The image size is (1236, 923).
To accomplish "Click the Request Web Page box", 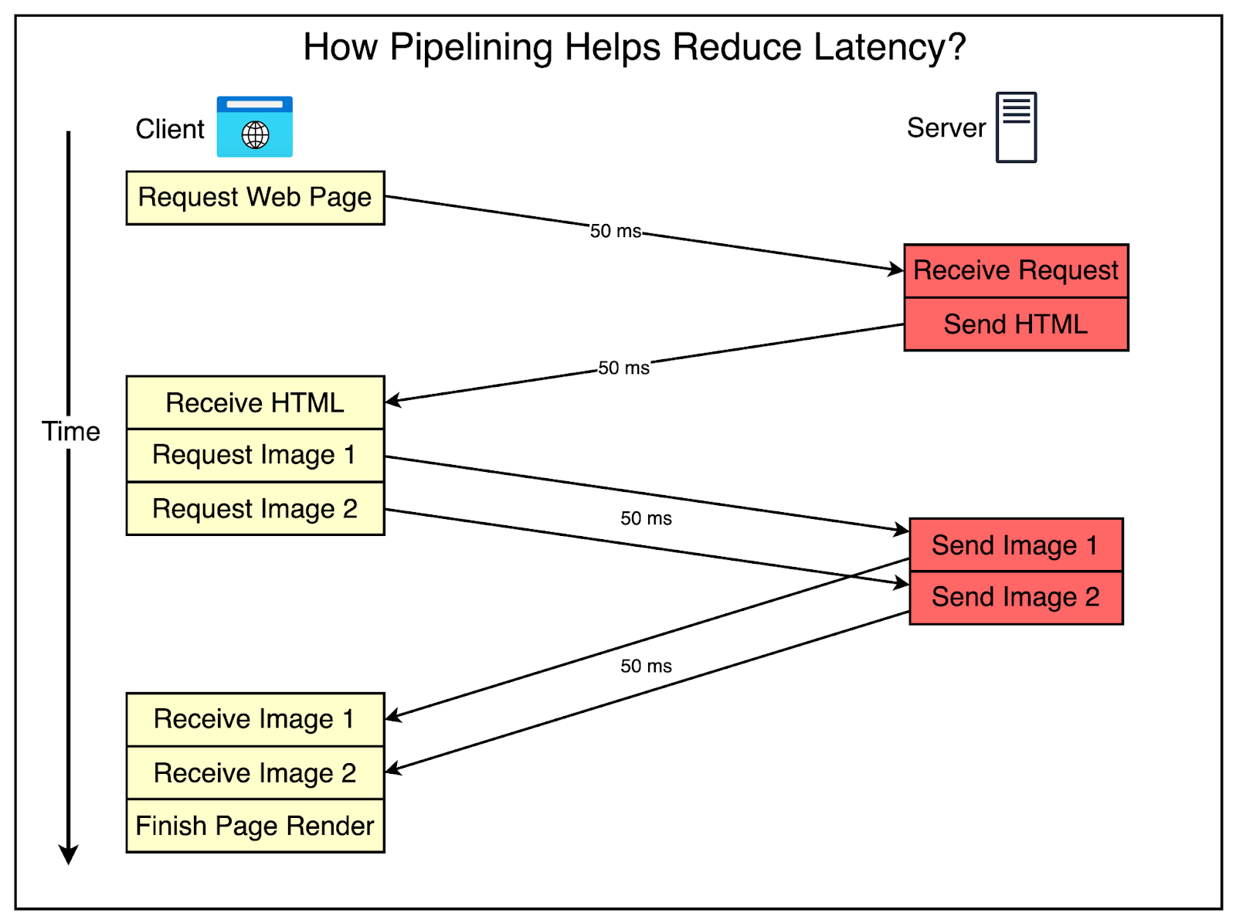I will (x=255, y=198).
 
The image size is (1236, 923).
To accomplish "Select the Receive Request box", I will (x=1015, y=271).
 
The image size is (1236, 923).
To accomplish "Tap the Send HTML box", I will (x=1015, y=324).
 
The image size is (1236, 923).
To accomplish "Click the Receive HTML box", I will (x=255, y=403).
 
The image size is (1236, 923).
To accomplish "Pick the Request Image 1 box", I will (x=255, y=456).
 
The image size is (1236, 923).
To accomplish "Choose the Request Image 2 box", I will (x=255, y=509).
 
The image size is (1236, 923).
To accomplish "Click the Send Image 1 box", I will (x=1015, y=545).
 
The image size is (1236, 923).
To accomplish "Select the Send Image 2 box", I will (x=1015, y=597).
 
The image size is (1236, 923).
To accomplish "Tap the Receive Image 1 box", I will (x=255, y=719).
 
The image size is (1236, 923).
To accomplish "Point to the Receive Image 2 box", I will (x=255, y=773).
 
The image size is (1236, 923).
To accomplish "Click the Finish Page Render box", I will (x=255, y=826).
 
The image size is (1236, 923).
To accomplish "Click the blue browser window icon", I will (x=254, y=127).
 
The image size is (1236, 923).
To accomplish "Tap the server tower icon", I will (x=1016, y=127).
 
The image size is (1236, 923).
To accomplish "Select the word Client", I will (x=170, y=129).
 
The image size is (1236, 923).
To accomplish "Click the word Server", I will (x=946, y=128).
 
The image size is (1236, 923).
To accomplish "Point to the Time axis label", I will (x=70, y=432).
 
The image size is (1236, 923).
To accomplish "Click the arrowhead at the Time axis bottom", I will (x=69, y=854).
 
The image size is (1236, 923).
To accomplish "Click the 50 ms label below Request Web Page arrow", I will (x=616, y=231).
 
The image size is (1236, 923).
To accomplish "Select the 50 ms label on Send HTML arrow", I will (x=623, y=368).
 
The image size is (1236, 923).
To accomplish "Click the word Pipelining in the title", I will (x=470, y=48).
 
